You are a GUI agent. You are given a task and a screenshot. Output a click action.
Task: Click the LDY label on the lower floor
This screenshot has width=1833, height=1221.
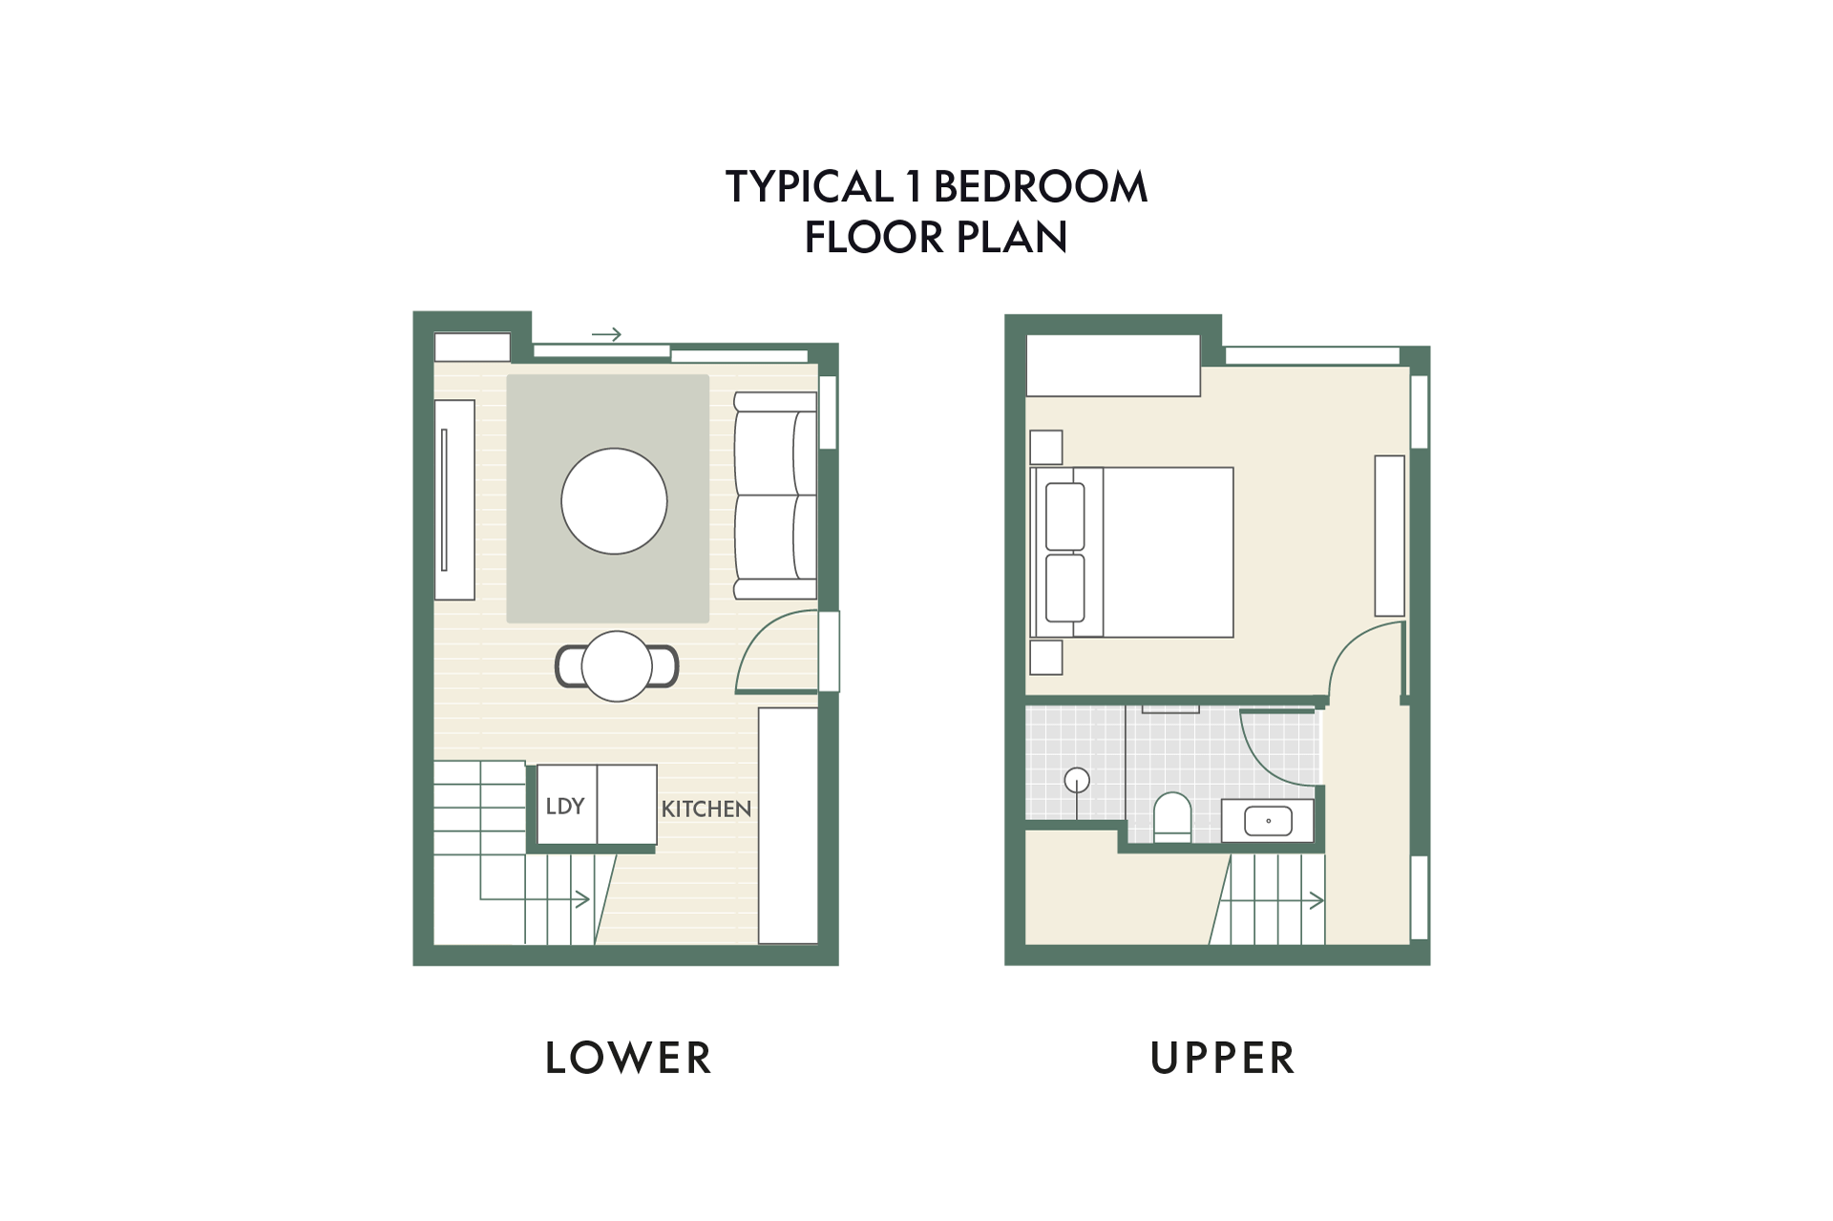[x=564, y=807]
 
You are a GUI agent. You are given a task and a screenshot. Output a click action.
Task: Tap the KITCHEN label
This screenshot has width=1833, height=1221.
[x=706, y=810]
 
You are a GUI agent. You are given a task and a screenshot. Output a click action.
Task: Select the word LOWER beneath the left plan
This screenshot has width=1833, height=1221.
[x=628, y=1058]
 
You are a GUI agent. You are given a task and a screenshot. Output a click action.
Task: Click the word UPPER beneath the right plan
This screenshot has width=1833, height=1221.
[x=1223, y=1058]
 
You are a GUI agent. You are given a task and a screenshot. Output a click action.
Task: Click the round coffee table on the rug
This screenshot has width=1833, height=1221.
[x=614, y=501]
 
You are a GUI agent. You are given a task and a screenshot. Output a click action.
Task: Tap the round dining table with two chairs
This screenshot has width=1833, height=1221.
[x=617, y=666]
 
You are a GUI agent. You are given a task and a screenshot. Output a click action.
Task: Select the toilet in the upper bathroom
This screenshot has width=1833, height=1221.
[x=1172, y=818]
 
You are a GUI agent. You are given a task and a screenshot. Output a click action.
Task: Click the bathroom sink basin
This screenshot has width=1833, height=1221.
[x=1269, y=821]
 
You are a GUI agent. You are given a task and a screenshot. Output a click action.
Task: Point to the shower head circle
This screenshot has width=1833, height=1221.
[x=1077, y=780]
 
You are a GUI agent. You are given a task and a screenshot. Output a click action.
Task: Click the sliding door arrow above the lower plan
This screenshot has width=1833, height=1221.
[x=606, y=334]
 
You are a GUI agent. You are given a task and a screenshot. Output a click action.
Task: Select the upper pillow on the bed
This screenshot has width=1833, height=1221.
[x=1065, y=516]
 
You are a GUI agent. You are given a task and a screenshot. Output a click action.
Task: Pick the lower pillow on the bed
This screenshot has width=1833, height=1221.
[x=1065, y=588]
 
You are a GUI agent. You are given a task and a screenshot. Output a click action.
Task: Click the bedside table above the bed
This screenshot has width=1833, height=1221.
[x=1046, y=447]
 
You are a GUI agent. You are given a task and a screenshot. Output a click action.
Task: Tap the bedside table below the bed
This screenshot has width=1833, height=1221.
[x=1046, y=658]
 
